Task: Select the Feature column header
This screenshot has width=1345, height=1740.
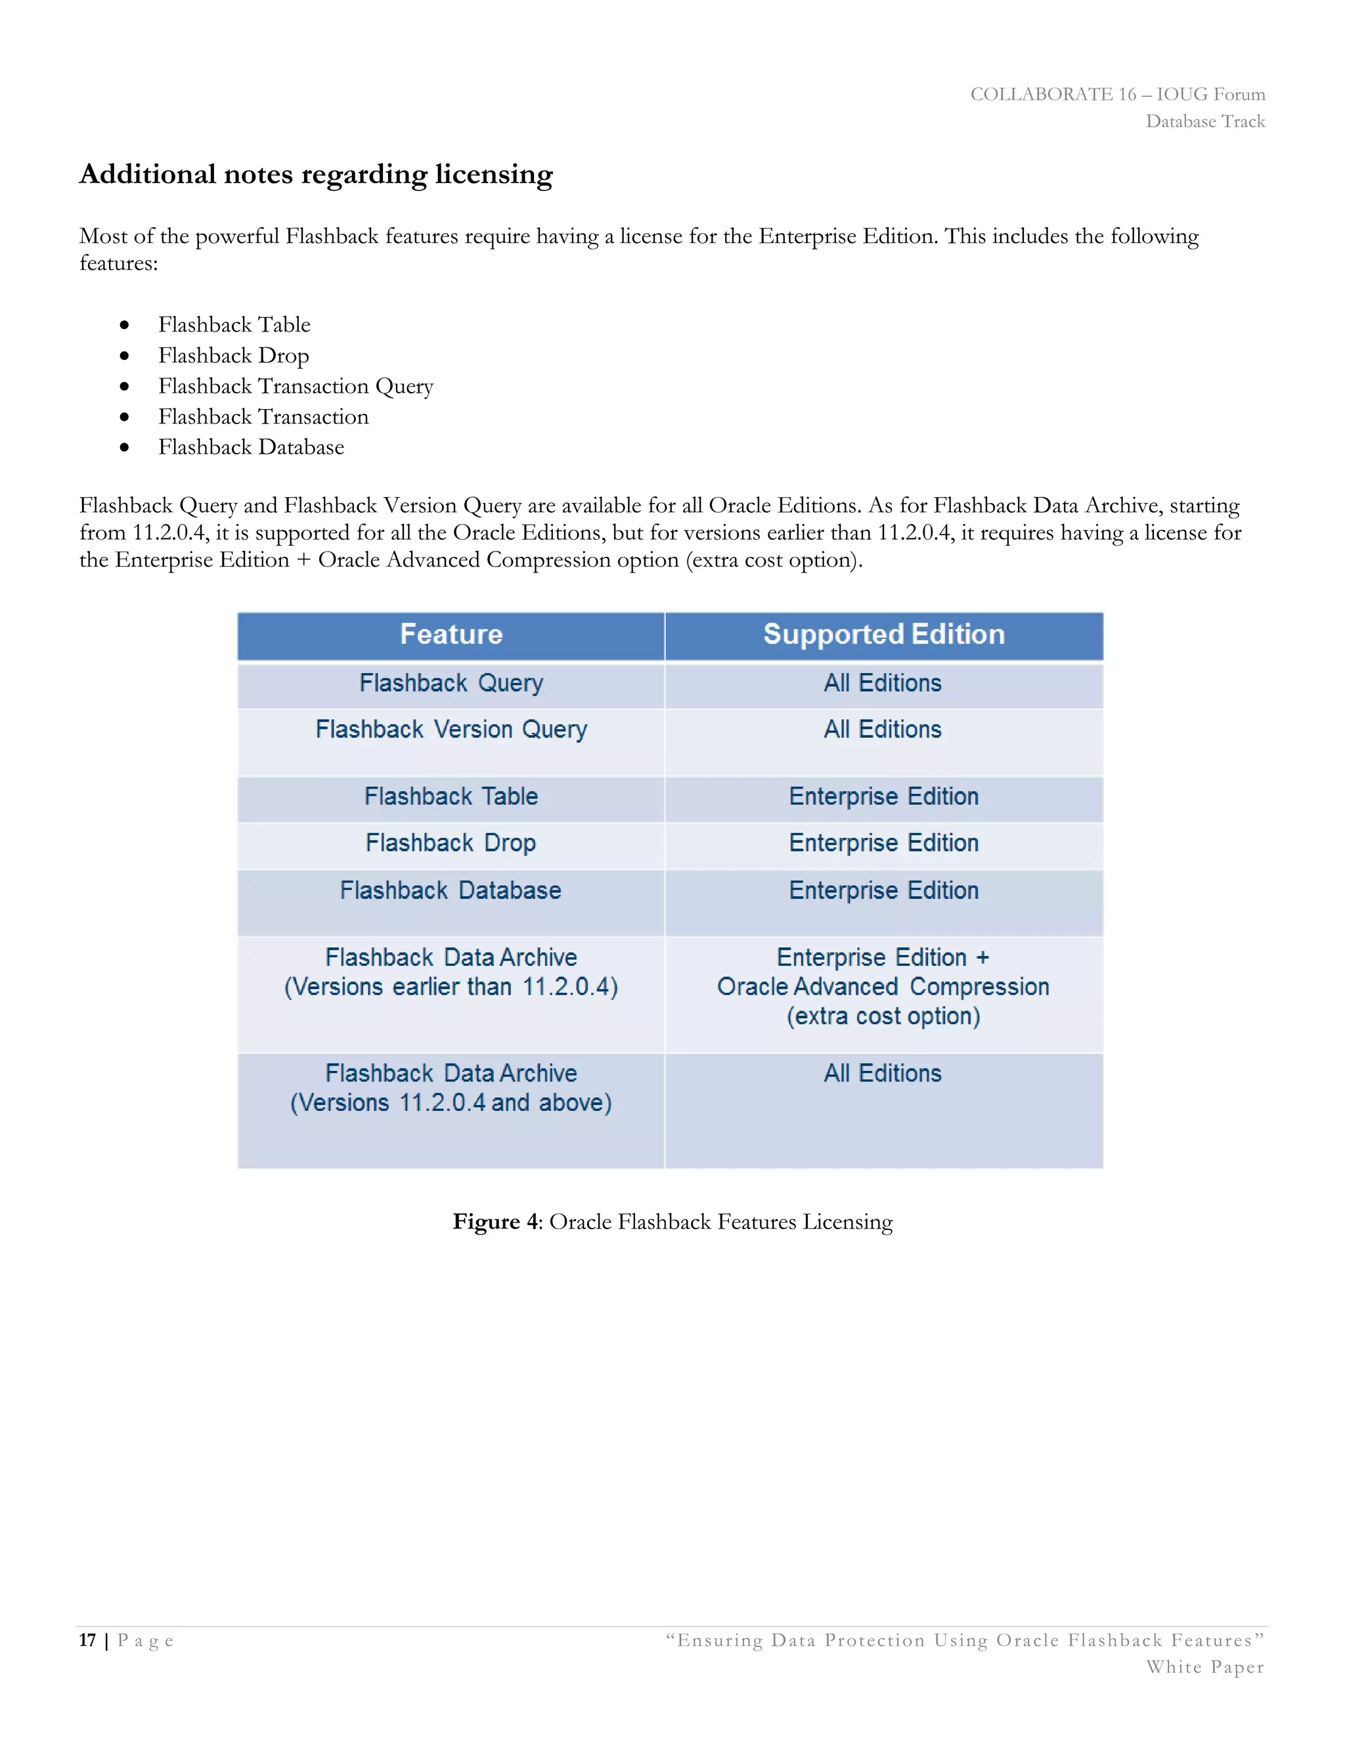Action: pos(451,635)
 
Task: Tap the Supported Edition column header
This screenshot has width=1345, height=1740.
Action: pos(884,635)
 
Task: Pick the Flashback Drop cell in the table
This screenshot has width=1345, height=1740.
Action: pos(451,843)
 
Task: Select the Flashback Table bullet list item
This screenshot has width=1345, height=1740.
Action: pos(234,325)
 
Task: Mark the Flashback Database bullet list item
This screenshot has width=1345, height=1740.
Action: pos(251,448)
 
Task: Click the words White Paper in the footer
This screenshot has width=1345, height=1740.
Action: pos(1204,1668)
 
